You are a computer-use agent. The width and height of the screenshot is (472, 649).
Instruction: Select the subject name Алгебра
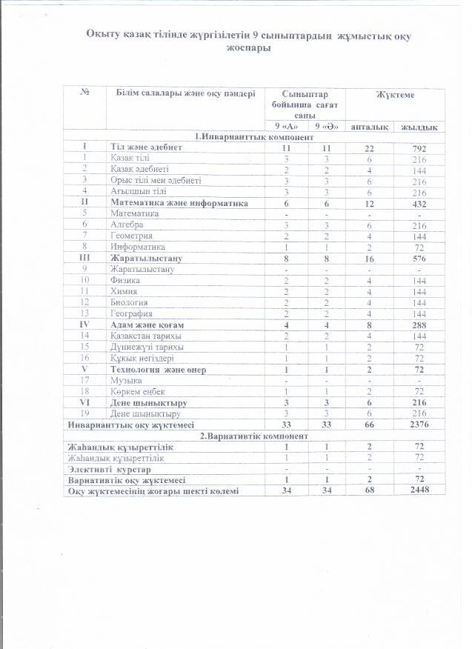[127, 224]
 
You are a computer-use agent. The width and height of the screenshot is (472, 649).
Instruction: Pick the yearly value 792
[420, 148]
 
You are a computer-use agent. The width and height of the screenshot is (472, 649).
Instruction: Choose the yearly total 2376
[420, 425]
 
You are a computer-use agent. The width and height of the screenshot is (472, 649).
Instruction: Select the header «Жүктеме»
[394, 96]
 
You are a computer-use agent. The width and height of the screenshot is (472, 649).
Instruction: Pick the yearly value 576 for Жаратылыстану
[420, 258]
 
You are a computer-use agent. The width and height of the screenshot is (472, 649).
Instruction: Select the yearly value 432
[420, 202]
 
